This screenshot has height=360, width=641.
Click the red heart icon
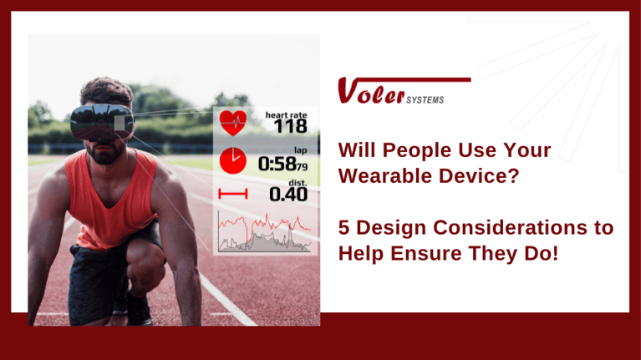233,123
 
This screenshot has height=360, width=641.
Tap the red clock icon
233,160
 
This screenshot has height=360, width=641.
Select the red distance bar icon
233,194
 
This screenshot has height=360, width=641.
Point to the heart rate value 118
291,127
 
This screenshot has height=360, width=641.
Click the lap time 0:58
277,165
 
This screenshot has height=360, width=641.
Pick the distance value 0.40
288,194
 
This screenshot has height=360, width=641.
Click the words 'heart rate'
286,115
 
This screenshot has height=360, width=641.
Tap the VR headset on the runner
102,122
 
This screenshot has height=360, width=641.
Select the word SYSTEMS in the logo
425,100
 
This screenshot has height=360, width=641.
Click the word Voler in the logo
371,91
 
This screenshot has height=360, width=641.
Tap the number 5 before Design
343,227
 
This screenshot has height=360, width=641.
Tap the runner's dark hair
107,91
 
